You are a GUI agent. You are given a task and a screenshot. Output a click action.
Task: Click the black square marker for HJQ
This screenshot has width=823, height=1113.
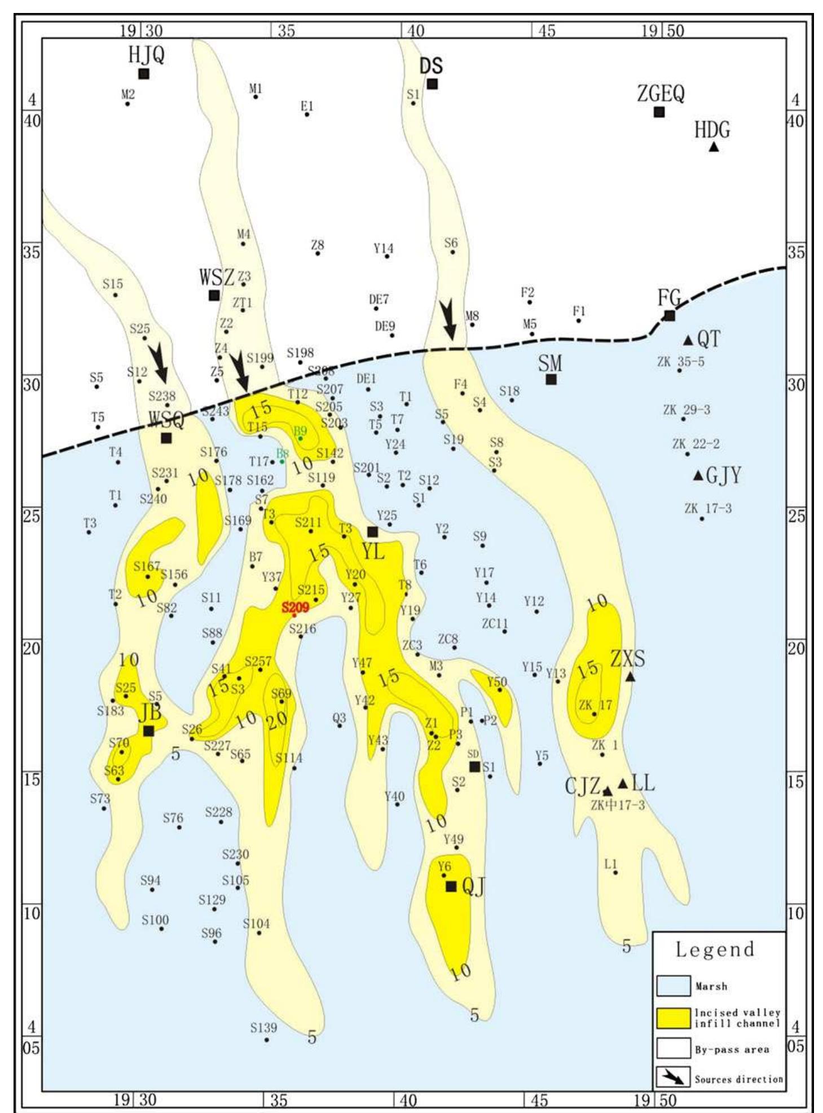144,73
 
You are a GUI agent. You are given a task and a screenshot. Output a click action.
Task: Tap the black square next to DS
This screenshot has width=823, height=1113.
432,84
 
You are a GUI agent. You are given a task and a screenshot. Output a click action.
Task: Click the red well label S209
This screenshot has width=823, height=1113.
296,608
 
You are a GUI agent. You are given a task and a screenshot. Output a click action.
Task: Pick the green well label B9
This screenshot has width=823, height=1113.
300,431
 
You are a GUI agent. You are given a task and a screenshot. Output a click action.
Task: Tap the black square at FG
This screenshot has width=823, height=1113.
670,315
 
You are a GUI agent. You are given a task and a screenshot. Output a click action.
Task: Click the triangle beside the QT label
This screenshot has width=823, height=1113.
688,340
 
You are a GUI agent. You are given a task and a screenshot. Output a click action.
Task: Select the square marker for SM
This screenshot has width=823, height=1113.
551,379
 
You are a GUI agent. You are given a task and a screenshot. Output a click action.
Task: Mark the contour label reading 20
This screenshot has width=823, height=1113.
277,721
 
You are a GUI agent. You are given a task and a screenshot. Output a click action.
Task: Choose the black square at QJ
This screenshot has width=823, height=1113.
451,886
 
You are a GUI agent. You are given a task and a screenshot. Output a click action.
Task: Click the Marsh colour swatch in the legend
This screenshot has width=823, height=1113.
674,986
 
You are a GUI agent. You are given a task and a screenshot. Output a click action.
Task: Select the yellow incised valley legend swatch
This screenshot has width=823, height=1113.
674,1018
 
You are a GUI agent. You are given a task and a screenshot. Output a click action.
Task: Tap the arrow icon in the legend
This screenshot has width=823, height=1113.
674,1078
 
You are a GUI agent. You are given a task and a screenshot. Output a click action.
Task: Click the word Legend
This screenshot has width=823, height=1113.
715,949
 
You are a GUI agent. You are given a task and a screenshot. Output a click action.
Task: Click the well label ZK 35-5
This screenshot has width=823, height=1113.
681,362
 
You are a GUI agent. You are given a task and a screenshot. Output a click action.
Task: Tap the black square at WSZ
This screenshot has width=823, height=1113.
214,295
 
